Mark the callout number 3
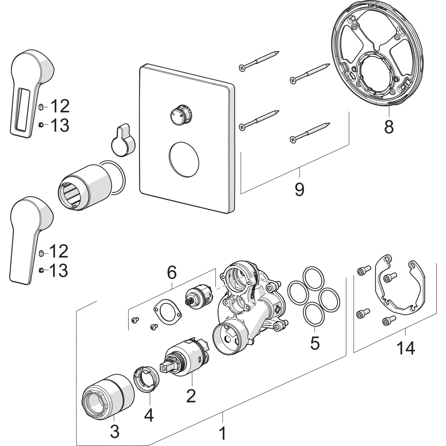[115, 431]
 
